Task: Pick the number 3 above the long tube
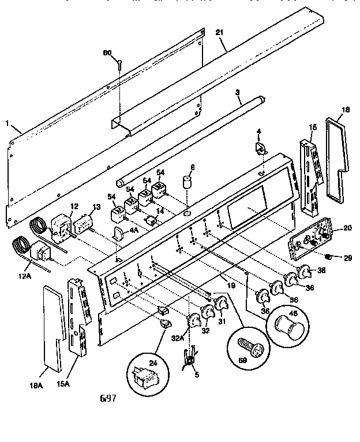click(x=237, y=92)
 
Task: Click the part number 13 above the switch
click(x=96, y=207)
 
